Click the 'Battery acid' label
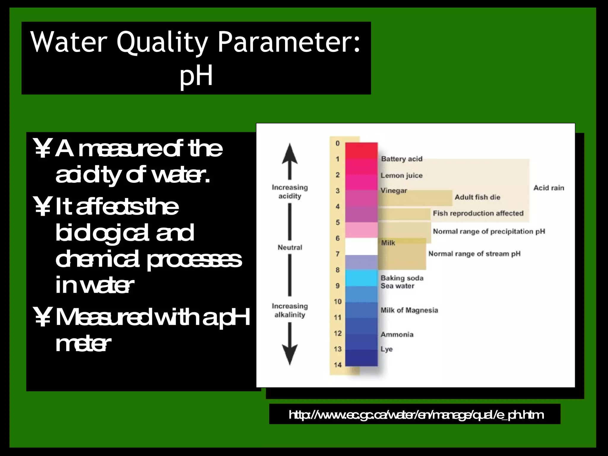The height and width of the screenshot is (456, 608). (x=401, y=159)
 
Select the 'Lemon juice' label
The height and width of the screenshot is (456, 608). (x=401, y=175)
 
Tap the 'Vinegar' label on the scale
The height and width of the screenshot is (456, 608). (x=394, y=191)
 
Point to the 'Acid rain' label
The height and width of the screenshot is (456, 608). (x=549, y=188)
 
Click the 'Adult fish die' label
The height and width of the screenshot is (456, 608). (x=477, y=197)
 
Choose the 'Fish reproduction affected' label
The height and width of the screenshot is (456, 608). (x=478, y=213)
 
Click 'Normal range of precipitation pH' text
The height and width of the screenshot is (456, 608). (x=489, y=231)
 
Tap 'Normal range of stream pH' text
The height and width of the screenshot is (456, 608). (x=474, y=254)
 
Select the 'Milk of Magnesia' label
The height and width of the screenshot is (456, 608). (x=409, y=310)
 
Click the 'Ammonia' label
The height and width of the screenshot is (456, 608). (x=397, y=335)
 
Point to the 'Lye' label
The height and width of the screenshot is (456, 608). (x=387, y=349)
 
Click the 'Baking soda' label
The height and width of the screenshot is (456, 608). (x=402, y=278)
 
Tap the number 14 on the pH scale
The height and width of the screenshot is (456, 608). (x=338, y=365)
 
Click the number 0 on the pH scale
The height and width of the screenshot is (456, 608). (x=338, y=143)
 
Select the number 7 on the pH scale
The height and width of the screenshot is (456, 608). (x=338, y=254)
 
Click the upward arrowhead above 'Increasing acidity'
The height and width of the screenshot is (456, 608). (x=290, y=154)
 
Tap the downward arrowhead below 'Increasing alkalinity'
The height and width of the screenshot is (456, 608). (x=290, y=355)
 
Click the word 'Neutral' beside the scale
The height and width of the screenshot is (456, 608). (x=290, y=247)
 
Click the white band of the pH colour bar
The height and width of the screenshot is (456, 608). (x=361, y=246)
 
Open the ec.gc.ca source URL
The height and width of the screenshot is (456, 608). (x=416, y=415)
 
